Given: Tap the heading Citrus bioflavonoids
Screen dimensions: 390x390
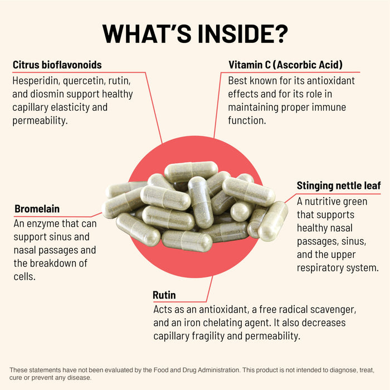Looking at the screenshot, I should click(x=57, y=65).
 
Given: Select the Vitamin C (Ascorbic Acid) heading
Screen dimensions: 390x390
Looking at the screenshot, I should click(x=285, y=65).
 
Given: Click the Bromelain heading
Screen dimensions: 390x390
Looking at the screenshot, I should click(x=37, y=209).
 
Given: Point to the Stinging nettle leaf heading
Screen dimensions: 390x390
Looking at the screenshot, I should click(x=339, y=186).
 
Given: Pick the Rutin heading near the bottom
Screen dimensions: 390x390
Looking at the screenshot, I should click(x=164, y=295).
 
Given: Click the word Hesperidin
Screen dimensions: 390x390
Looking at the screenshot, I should click(x=38, y=80).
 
